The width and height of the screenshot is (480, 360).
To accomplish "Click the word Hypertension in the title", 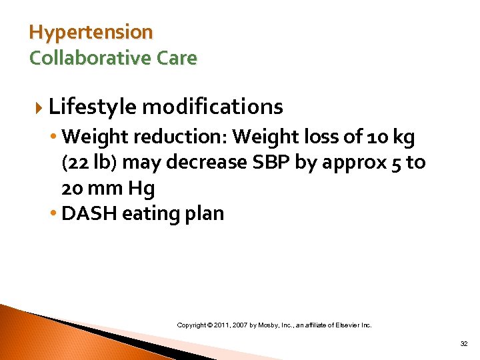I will [x=91, y=32].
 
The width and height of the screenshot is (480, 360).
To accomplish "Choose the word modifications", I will [x=212, y=107].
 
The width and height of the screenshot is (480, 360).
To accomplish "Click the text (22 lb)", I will [x=87, y=163].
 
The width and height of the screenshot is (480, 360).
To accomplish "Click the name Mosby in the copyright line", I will [x=279, y=325].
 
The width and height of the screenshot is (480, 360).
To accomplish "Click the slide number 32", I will [x=463, y=344].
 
